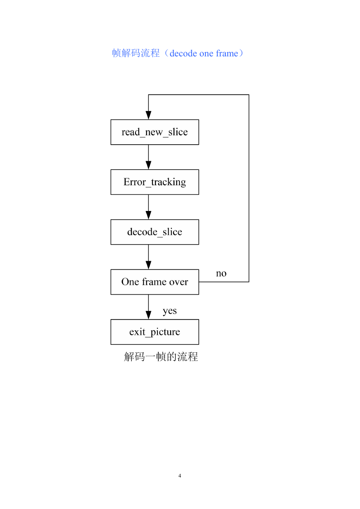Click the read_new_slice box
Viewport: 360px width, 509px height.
(155, 132)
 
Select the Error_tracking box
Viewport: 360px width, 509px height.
(155, 182)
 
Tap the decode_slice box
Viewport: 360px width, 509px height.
(155, 232)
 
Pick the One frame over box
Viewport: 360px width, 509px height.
(155, 282)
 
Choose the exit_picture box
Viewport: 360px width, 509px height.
(155, 332)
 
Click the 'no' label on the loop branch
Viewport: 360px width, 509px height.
(221, 274)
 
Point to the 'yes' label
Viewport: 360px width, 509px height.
(170, 311)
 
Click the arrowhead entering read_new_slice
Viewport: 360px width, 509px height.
(149, 115)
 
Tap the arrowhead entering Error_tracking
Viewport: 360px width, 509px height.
(149, 165)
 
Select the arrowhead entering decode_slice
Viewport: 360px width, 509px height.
(149, 215)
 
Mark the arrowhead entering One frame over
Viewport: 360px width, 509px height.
(149, 265)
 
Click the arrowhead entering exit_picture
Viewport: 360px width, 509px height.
(149, 315)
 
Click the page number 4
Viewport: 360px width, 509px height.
(180, 475)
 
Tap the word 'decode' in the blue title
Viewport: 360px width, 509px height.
(183, 53)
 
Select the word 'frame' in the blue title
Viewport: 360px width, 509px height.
(227, 53)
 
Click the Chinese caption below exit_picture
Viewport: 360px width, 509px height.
(161, 356)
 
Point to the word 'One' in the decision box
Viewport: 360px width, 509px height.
(130, 282)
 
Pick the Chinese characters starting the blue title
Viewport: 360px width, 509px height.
(136, 53)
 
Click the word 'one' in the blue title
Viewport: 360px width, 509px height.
(206, 54)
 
